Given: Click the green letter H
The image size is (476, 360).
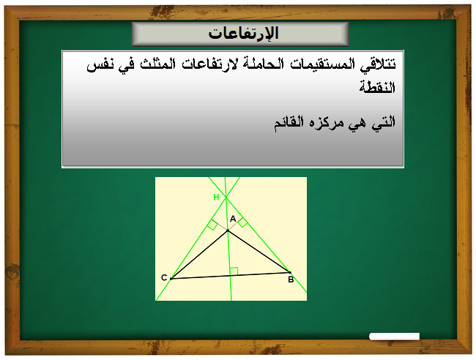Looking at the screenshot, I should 216,198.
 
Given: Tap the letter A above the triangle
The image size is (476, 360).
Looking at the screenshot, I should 233,219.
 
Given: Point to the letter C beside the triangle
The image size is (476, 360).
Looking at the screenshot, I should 164,277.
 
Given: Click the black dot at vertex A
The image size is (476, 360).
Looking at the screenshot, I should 227,231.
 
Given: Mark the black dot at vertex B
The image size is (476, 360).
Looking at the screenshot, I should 290,272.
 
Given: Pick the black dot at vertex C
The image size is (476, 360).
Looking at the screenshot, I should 171,278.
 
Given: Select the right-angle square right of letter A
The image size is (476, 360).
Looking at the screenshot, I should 242,222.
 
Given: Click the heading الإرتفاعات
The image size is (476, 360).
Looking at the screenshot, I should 241,34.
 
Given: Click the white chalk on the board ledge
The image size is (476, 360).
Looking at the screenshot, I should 394,337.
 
